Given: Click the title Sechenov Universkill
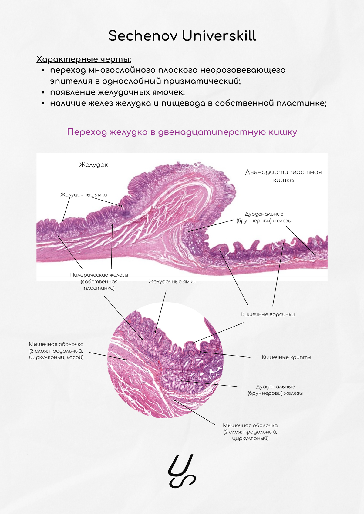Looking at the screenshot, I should [182, 36].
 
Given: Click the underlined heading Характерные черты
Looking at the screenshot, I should [84, 59].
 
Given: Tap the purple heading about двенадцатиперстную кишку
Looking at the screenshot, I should [182, 132].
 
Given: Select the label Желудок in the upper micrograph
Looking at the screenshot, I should [93, 165].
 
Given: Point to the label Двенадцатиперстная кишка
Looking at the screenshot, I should [283, 176].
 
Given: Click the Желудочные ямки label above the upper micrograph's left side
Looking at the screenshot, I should [84, 195].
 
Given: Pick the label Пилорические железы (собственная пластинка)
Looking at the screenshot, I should [99, 281].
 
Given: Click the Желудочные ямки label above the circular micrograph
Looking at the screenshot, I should [172, 282].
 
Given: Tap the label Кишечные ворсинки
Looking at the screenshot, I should [268, 314].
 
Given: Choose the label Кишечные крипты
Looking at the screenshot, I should [286, 357].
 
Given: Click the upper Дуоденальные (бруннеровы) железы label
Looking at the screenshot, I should [264, 217].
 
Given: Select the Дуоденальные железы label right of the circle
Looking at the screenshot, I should [275, 390].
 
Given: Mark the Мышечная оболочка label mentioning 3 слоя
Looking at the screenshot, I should [56, 351].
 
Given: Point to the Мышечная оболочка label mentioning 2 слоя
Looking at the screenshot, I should [250, 432].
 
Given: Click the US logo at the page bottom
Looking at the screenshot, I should [182, 471].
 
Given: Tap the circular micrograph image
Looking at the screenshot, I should [165, 360].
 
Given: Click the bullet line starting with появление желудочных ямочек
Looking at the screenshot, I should [117, 92].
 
